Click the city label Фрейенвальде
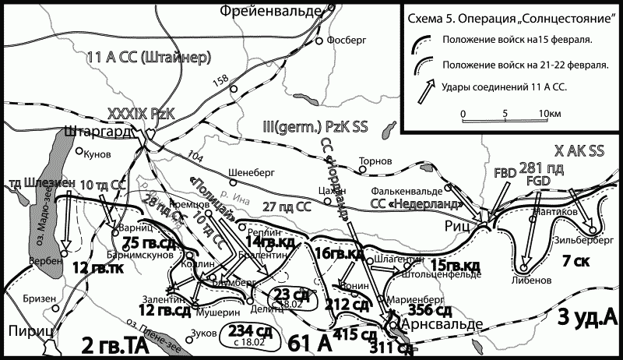tap(271, 10)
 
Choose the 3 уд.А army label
tap(588, 316)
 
